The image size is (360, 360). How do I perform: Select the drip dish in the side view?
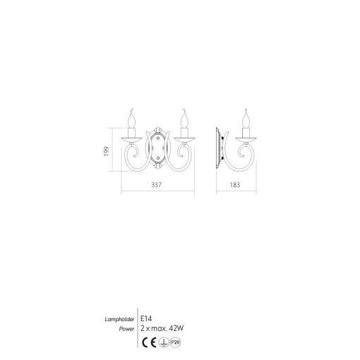pyautogui.click(x=246, y=138)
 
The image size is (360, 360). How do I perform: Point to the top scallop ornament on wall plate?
pyautogui.click(x=157, y=132)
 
